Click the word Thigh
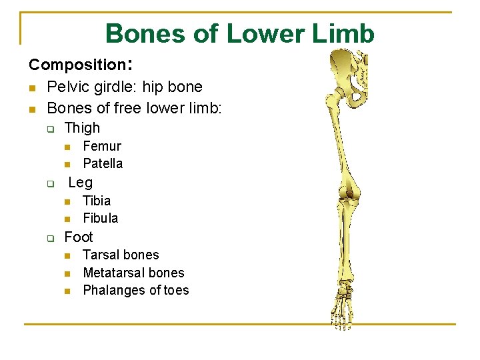click(x=82, y=128)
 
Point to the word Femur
click(x=101, y=146)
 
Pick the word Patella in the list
click(x=103, y=163)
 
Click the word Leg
click(x=81, y=183)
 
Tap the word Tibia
click(x=97, y=201)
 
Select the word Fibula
click(x=100, y=218)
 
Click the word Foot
click(x=79, y=237)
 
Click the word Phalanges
click(x=109, y=290)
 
